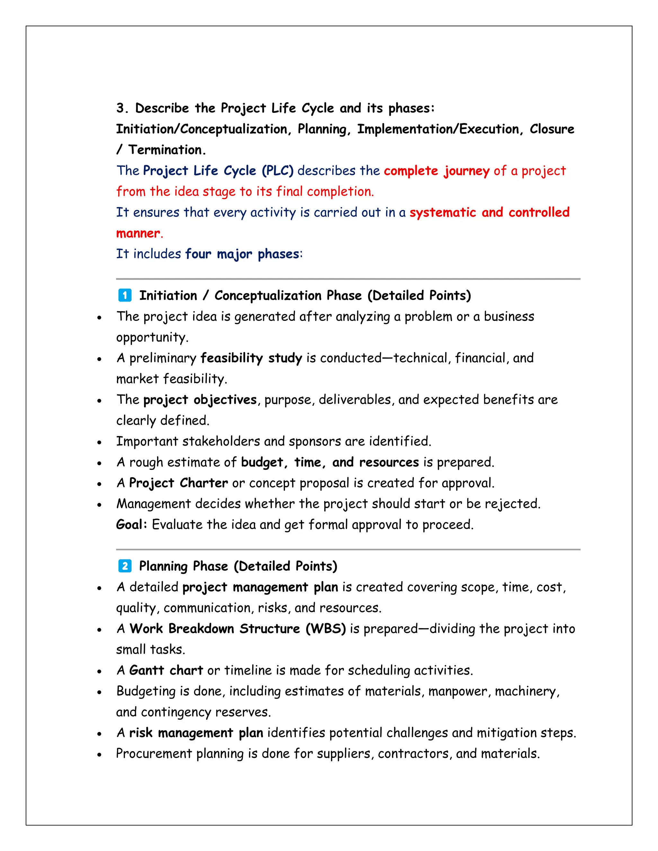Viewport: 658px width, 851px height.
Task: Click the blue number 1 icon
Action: (x=125, y=295)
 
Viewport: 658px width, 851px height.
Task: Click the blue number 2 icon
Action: (x=125, y=566)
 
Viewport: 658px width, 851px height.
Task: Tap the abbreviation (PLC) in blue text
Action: (x=278, y=171)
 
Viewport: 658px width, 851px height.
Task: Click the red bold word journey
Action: (x=467, y=171)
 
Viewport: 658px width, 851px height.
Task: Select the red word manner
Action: (x=138, y=233)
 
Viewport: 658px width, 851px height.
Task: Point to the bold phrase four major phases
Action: (x=242, y=254)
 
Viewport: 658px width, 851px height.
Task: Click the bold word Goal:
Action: (x=132, y=524)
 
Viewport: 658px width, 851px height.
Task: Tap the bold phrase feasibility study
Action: (x=251, y=358)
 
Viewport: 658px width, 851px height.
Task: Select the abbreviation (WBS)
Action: (x=325, y=628)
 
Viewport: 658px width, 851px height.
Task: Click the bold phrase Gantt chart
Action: (x=166, y=670)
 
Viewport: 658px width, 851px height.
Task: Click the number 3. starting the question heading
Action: (x=122, y=108)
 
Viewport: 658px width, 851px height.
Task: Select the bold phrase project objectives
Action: (x=200, y=400)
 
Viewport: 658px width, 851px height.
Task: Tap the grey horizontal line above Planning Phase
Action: (x=348, y=549)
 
